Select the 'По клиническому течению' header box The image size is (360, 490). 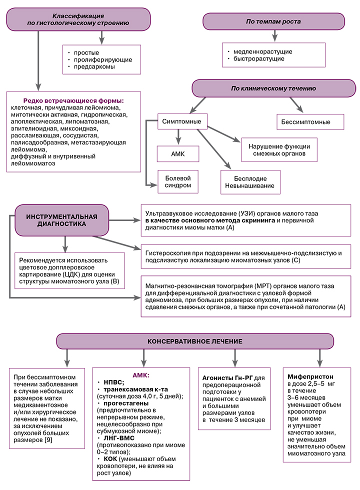[x=272, y=88]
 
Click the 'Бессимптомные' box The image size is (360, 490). [x=310, y=121]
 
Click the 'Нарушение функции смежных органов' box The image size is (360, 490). [x=279, y=150]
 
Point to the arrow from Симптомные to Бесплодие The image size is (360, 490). [x=215, y=150]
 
